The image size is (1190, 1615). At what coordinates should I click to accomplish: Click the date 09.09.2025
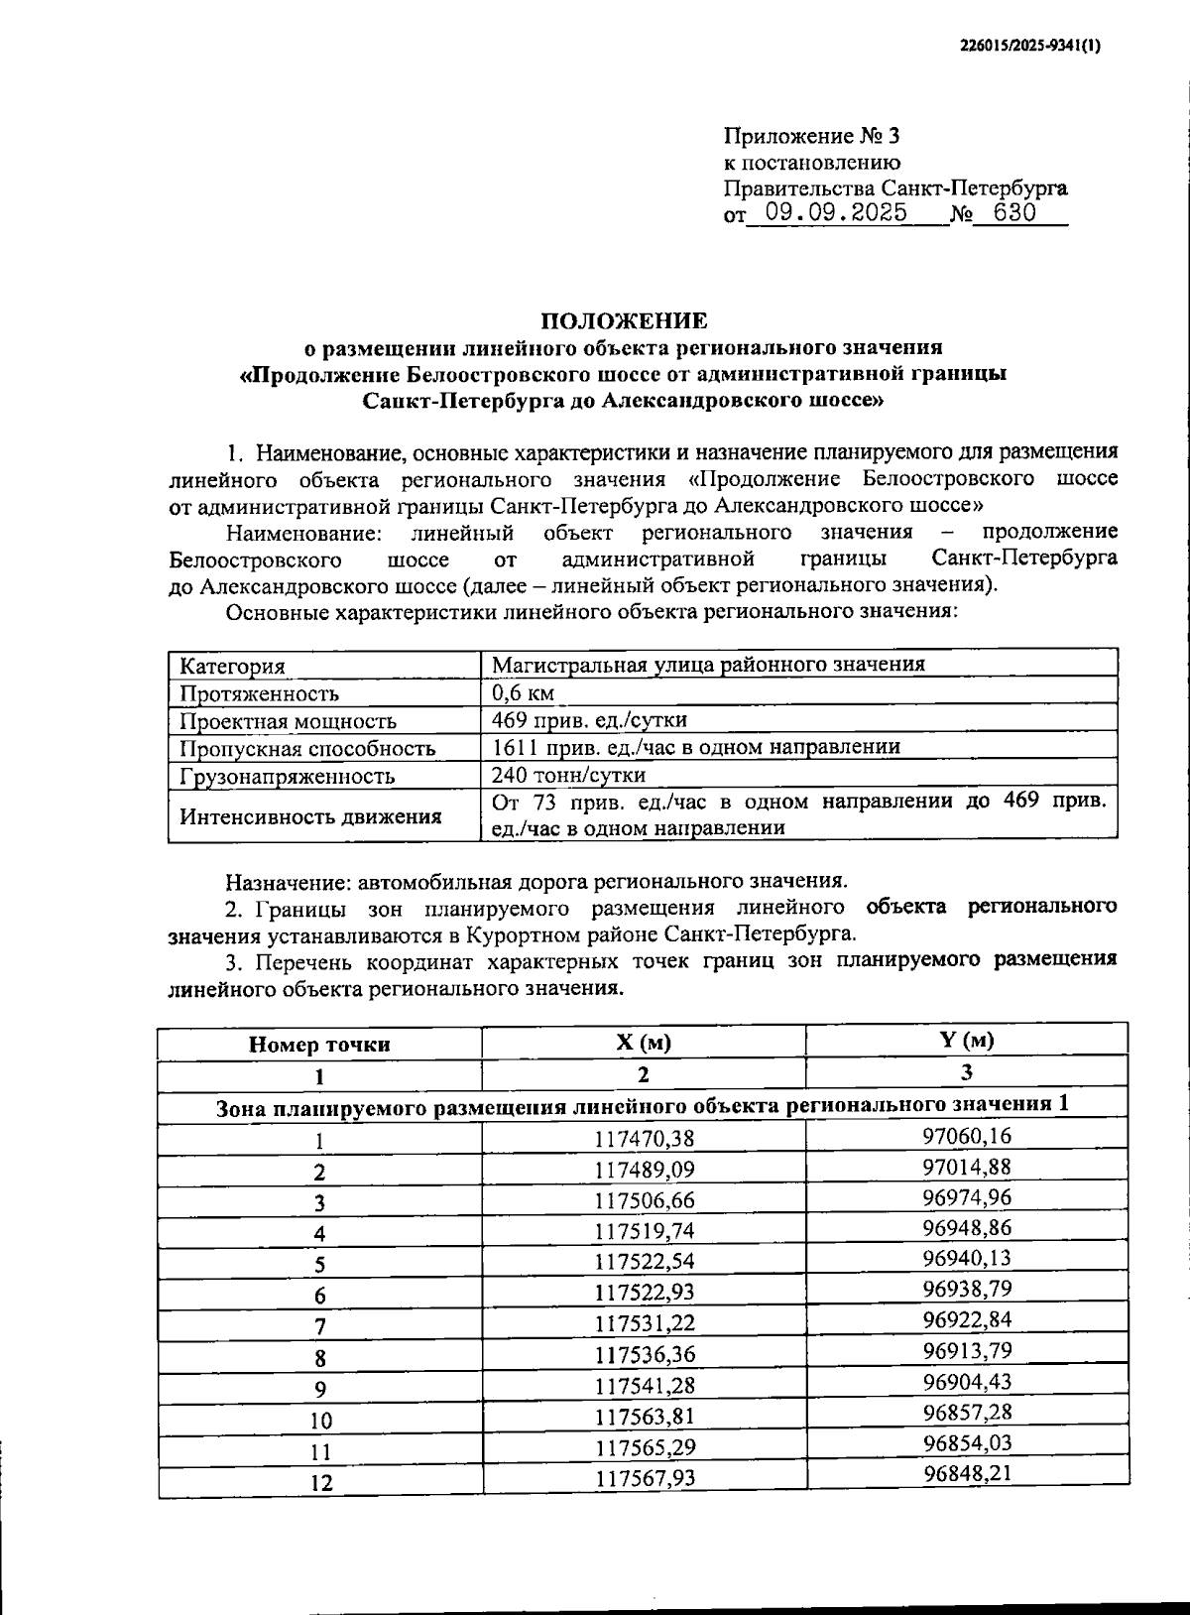(x=829, y=213)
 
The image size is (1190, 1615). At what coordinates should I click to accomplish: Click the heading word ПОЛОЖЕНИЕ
(x=624, y=321)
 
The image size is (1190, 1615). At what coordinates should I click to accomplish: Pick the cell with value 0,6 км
(x=523, y=692)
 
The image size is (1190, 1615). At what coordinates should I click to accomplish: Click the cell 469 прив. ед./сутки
(x=589, y=720)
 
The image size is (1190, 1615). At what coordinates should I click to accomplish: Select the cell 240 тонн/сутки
(x=568, y=775)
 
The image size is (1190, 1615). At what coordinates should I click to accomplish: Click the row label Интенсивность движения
(x=309, y=816)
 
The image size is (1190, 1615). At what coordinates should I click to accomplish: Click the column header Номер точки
(x=319, y=1045)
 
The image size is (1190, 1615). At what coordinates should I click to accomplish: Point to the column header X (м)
(x=643, y=1043)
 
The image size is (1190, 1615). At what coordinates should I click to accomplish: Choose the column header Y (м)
(x=966, y=1040)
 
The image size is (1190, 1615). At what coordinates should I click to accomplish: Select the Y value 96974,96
(x=967, y=1197)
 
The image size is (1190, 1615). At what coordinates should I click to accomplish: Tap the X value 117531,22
(x=645, y=1324)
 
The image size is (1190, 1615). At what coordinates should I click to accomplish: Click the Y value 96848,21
(x=967, y=1473)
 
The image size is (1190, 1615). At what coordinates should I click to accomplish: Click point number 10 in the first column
(x=320, y=1421)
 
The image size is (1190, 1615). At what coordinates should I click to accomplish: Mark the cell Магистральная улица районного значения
(x=708, y=665)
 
